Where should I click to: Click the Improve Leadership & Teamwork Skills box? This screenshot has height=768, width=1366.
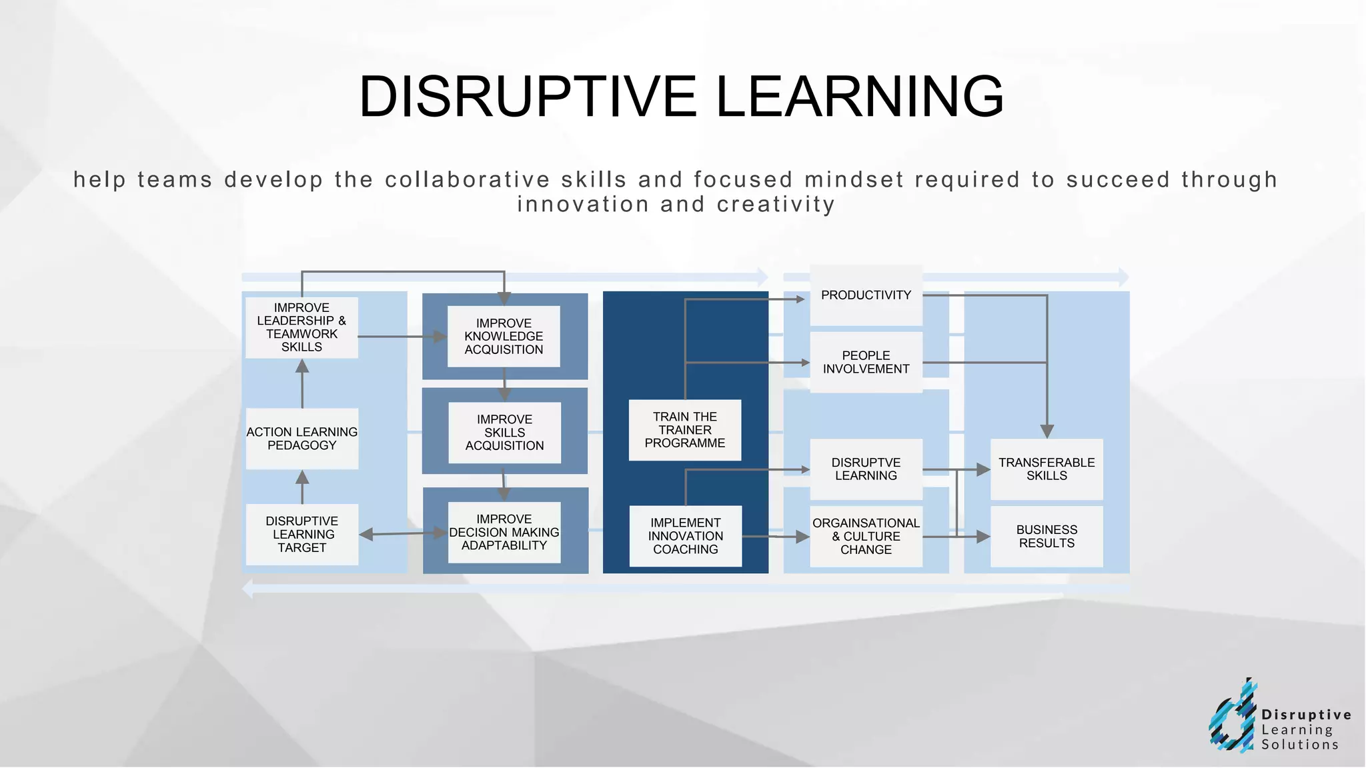pyautogui.click(x=301, y=327)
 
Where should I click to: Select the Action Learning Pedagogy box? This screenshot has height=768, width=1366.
pyautogui.click(x=301, y=439)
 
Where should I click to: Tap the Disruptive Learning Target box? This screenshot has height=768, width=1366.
pyautogui.click(x=301, y=534)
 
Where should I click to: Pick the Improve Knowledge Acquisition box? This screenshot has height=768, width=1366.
pyautogui.click(x=504, y=336)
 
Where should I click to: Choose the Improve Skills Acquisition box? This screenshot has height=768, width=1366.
pyautogui.click(x=504, y=432)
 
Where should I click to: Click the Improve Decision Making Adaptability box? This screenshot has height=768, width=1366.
pyautogui.click(x=504, y=532)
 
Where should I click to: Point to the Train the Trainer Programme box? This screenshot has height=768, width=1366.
pyautogui.click(x=685, y=430)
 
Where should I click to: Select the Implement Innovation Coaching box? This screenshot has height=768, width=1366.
pyautogui.click(x=685, y=536)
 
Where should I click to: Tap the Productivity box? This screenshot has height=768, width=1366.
pyautogui.click(x=866, y=295)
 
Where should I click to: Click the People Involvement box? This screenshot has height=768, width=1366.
pyautogui.click(x=866, y=362)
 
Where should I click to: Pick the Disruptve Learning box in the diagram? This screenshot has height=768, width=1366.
pyautogui.click(x=866, y=469)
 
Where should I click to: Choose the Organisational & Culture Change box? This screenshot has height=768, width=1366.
pyautogui.click(x=866, y=536)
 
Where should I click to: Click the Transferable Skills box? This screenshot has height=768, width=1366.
pyautogui.click(x=1047, y=469)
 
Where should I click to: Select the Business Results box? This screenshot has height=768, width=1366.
pyautogui.click(x=1047, y=536)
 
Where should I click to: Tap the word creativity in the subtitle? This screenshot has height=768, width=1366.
pyautogui.click(x=776, y=204)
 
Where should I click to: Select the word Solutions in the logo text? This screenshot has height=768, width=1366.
pyautogui.click(x=1299, y=745)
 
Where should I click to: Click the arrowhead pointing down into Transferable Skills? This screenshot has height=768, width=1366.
pyautogui.click(x=1047, y=431)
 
